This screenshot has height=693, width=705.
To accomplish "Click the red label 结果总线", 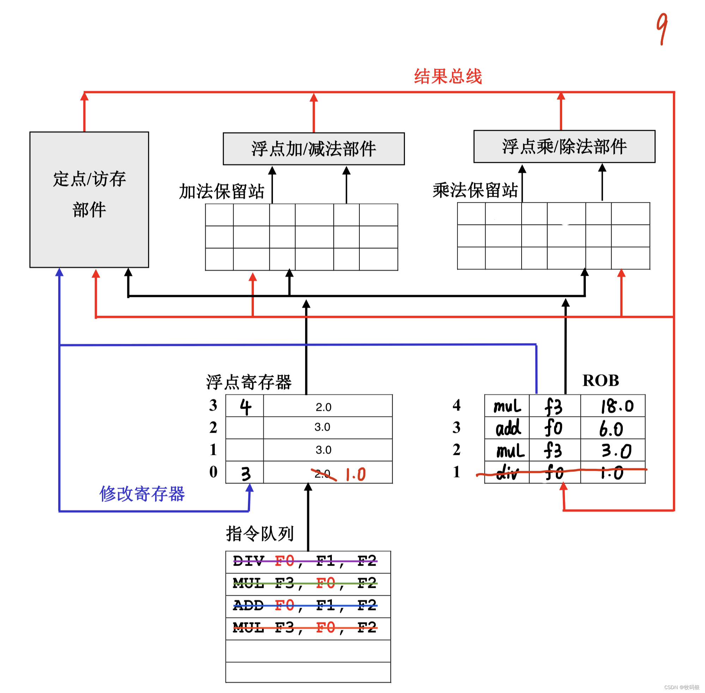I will coord(448,77).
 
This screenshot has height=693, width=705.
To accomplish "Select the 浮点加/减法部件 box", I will coord(314,148).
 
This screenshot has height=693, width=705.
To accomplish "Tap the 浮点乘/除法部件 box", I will coord(564,146).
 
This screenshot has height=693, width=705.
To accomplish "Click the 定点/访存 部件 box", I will coord(89,200).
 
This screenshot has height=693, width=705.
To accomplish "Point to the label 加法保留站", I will coord(221,192).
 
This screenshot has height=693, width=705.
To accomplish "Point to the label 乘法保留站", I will coord(475,190).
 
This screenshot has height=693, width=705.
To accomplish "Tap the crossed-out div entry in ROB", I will coord(507,473).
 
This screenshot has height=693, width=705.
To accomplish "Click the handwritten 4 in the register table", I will coord(245,406).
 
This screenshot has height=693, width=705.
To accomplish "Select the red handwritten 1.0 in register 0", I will coord(355,474).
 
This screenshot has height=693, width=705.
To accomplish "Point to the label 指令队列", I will coord(260,534).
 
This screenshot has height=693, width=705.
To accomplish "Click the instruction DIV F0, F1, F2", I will coord(305,561).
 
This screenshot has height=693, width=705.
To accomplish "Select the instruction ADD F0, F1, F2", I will coord(305,606).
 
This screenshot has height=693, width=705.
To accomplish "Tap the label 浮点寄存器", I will coord(249,382).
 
